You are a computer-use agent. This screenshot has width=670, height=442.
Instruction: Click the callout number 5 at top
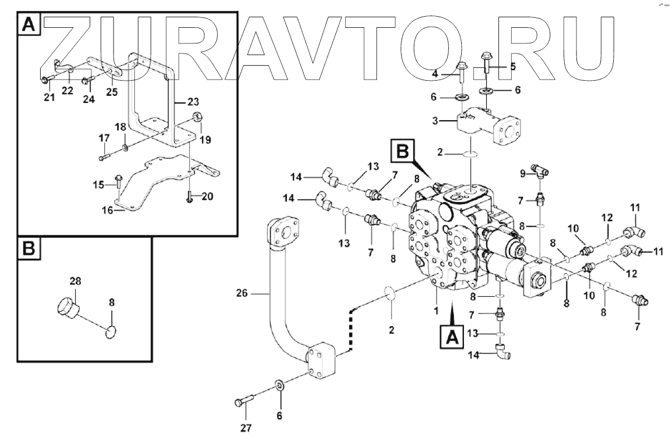513,66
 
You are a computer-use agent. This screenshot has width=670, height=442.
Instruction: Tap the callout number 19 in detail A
206,140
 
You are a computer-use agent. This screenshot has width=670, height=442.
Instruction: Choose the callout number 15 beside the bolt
98,184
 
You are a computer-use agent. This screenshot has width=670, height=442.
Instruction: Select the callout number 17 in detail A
104,138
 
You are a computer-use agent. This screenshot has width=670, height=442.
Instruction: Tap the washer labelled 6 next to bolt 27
278,386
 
